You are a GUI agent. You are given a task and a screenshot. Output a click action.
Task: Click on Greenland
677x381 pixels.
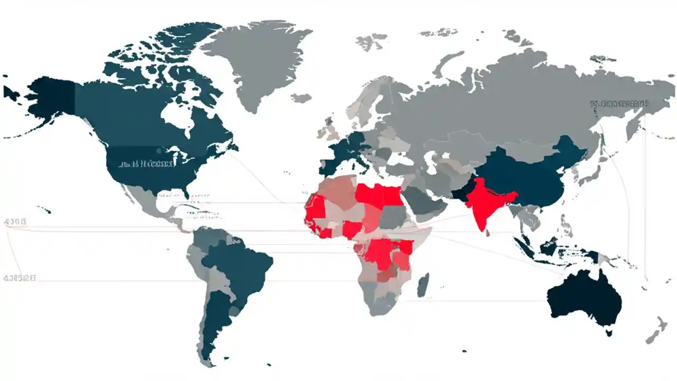tap(254, 58)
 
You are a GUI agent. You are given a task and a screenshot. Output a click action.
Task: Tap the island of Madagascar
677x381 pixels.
tap(423, 284)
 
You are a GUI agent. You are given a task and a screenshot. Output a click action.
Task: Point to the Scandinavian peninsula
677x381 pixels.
tap(365, 101)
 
